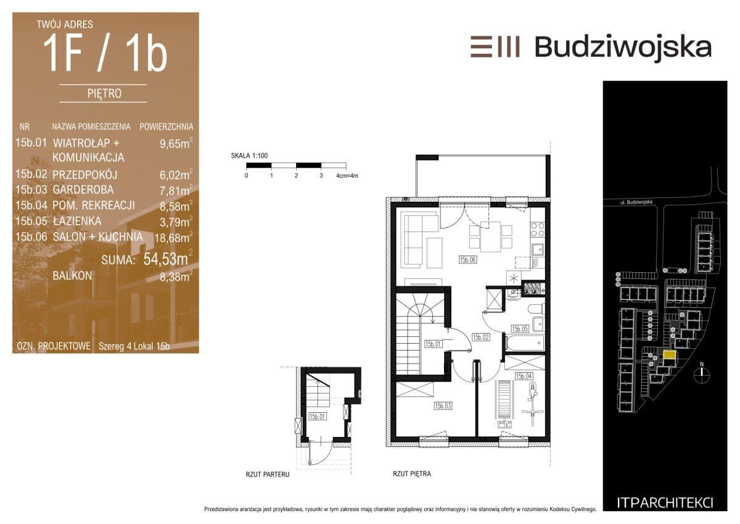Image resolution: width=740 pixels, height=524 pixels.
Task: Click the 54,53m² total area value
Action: coord(168,258)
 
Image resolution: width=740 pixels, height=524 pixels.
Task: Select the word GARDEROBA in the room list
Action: coord(83,189)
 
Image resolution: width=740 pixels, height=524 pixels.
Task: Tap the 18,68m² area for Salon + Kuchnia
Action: coord(173,237)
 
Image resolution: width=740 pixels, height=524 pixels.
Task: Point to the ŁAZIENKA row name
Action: coord(77,221)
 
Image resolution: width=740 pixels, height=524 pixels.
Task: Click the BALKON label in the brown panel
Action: coord(72,276)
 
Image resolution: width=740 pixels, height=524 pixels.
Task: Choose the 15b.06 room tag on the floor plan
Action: coord(467,260)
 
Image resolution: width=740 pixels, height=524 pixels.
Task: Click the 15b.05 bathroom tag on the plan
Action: coord(520,329)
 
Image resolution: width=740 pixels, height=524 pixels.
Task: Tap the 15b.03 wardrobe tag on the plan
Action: coord(443,406)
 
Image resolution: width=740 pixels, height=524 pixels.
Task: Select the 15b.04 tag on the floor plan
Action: coord(524,376)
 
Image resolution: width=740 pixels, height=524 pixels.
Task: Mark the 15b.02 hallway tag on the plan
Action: coord(480,337)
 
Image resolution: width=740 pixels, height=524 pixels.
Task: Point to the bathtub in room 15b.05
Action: coord(525,344)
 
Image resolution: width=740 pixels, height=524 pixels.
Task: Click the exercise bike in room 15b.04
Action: coord(532,404)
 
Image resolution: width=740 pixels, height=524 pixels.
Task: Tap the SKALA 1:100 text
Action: coord(249,156)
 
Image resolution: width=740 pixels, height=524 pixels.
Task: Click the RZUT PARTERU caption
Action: coord(268,475)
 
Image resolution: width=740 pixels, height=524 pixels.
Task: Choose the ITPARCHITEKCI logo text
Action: coord(665,503)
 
